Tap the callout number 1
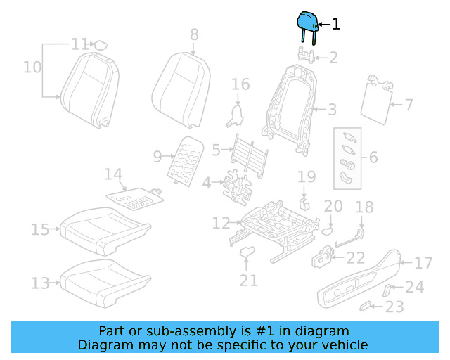pos(335,25)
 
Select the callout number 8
pos(194,34)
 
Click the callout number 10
pos(32,67)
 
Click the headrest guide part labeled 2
pos(305,56)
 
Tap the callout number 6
pos(373,157)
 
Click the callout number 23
pos(395,307)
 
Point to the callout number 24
pos(415,287)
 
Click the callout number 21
pos(247,281)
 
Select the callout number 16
pos(240,84)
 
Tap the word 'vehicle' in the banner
pos(343,345)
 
